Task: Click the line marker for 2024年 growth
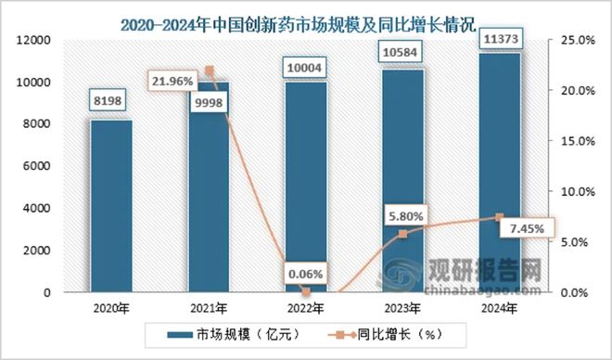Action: [500, 217]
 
